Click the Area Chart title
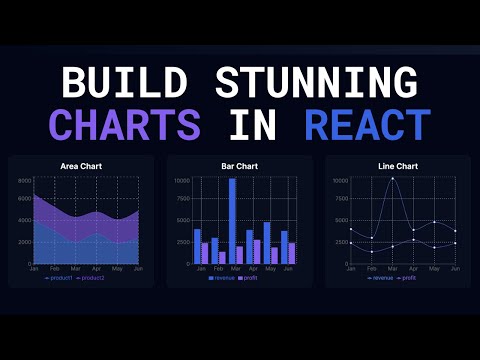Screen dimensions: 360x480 (81, 165)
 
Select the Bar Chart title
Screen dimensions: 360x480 (240, 165)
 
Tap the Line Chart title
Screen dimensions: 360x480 (399, 165)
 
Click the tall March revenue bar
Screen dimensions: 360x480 (233, 220)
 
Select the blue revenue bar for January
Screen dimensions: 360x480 (198, 246)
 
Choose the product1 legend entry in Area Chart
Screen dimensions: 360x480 (61, 277)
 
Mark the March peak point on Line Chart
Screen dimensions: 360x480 (393, 178)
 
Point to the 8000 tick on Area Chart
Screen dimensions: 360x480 (25, 181)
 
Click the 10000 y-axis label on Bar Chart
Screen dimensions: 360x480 (181, 181)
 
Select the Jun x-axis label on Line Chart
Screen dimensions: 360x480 (455, 269)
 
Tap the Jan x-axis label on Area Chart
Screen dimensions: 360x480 (34, 269)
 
